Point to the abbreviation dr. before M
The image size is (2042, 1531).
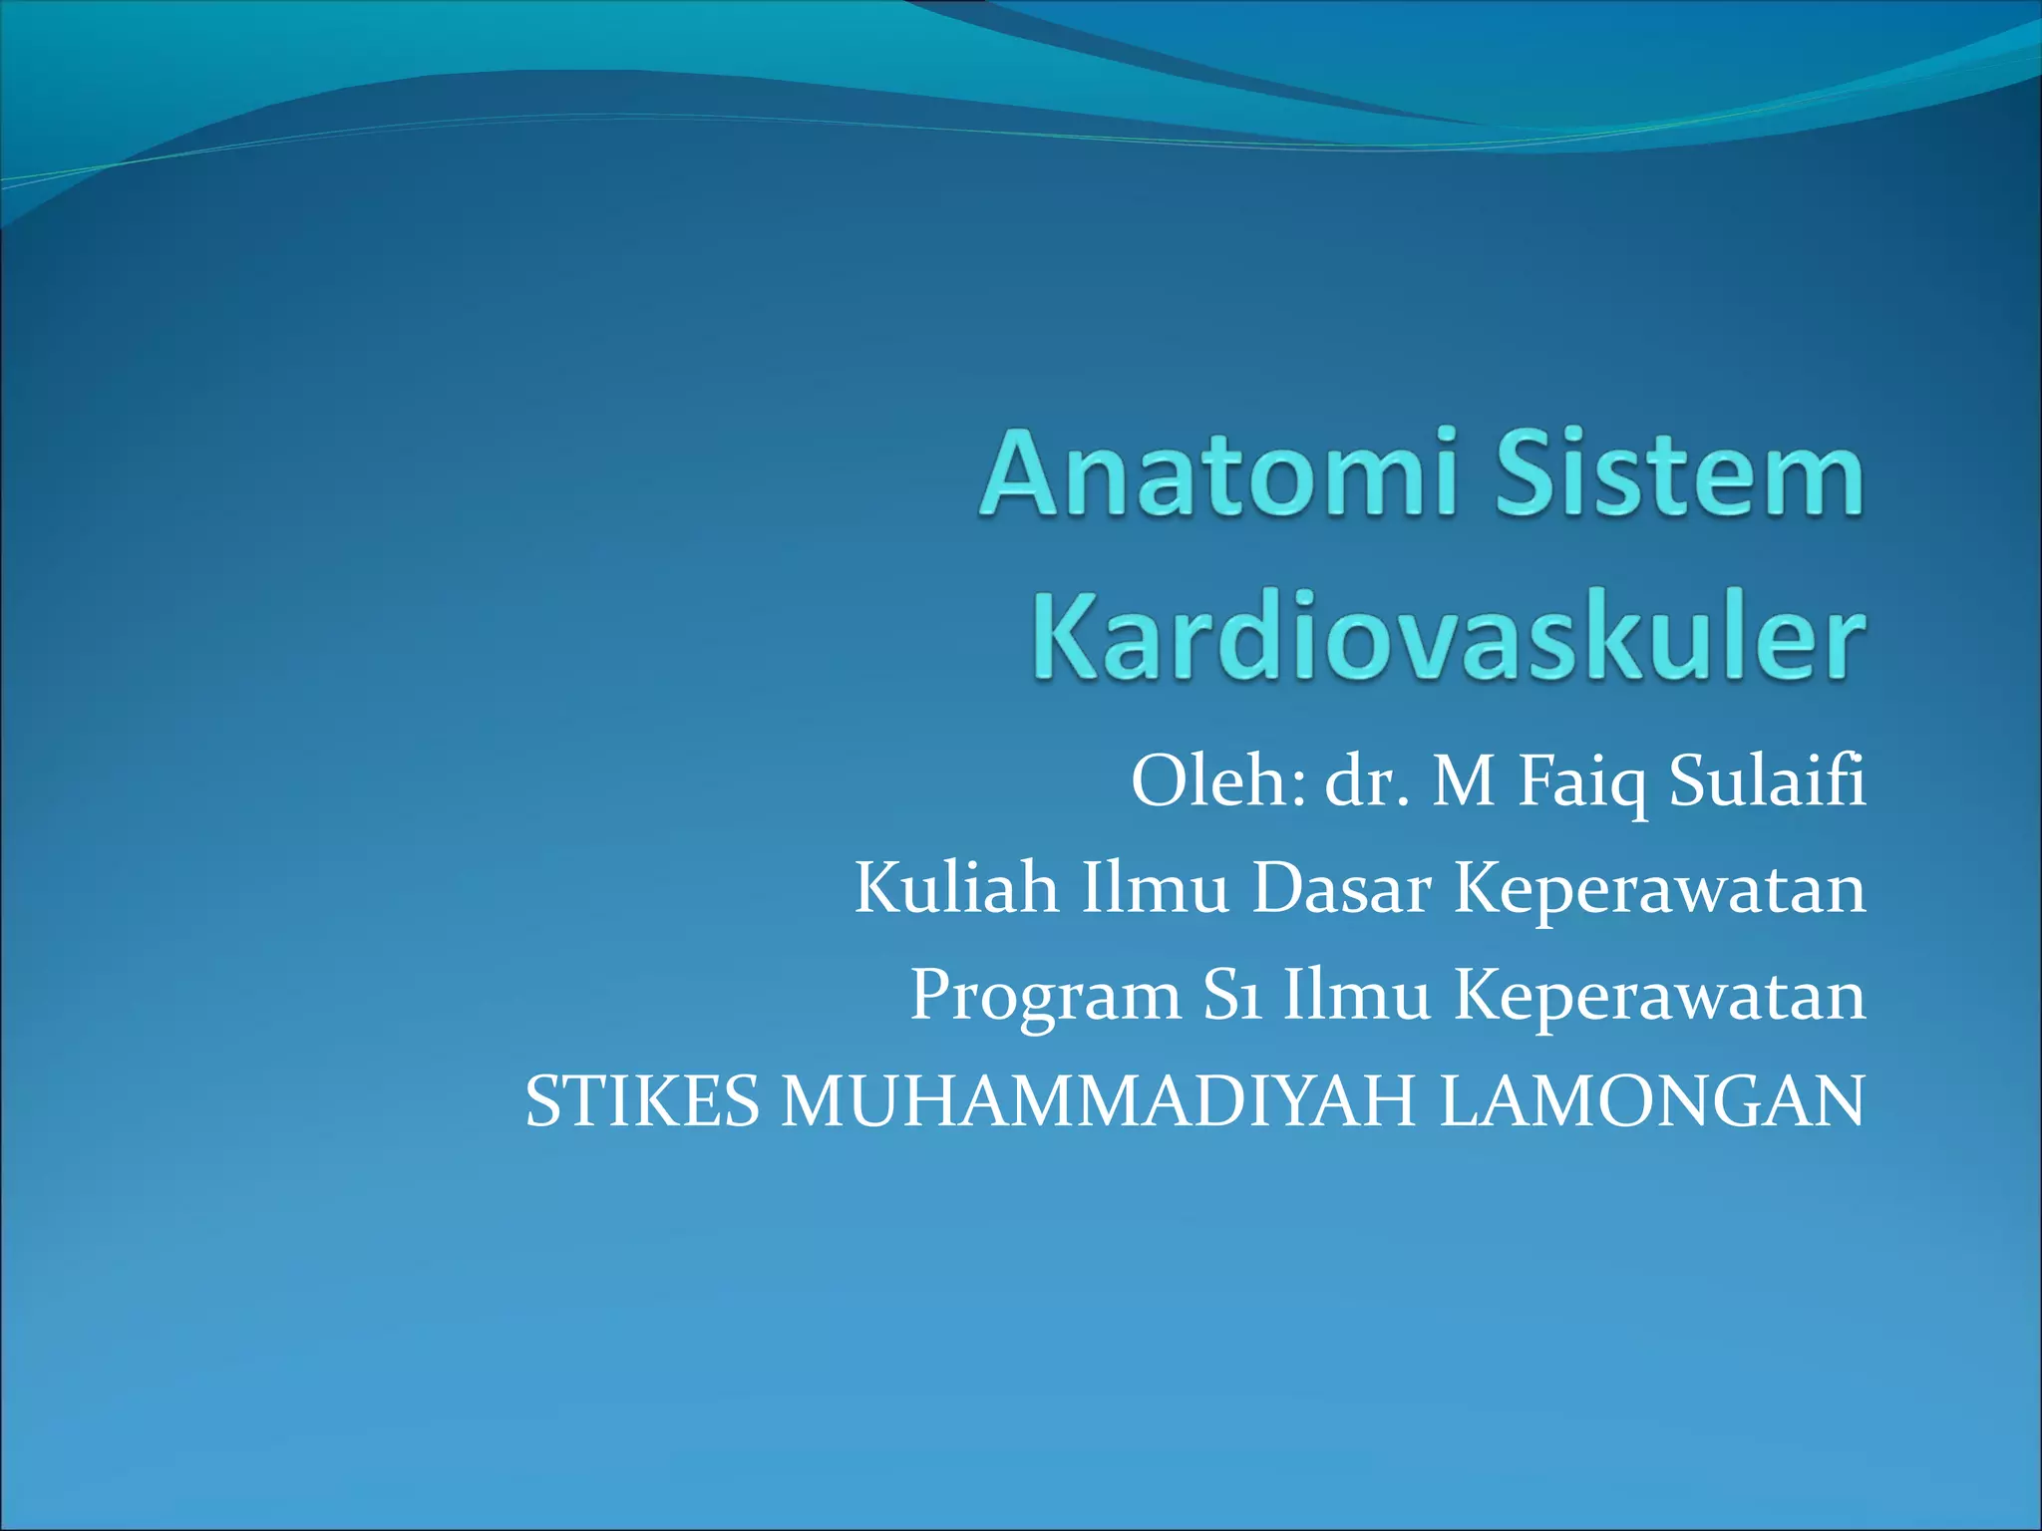point(1367,782)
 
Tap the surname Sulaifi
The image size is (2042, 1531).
point(1766,782)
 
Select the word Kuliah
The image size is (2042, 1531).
point(955,889)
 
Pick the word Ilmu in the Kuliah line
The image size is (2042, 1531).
point(1155,889)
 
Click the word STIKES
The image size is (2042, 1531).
point(642,1102)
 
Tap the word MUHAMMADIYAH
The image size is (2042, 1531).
point(1098,1102)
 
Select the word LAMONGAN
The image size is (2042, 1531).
point(1651,1102)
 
